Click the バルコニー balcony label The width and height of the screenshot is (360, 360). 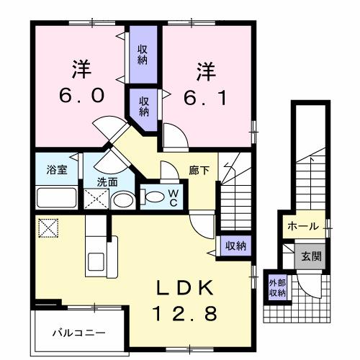80,333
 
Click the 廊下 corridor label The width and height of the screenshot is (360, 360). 199,171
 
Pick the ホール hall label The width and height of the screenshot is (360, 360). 302,226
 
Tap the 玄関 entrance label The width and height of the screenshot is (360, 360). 311,256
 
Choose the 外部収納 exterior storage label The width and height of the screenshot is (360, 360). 278,287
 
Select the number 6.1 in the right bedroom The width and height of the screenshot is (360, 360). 207,96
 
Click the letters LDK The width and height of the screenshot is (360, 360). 185,287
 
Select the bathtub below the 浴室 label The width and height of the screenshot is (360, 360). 56,197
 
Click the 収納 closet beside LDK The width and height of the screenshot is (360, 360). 235,245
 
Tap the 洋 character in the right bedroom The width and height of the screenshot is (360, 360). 207,71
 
